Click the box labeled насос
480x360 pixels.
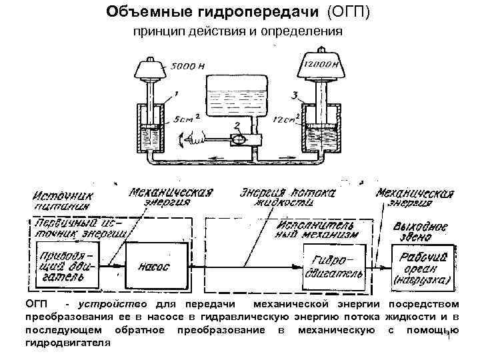coord(153,266)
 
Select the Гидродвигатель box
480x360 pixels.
coord(333,265)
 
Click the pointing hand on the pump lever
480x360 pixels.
coord(193,137)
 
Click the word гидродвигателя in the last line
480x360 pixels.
coord(67,342)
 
